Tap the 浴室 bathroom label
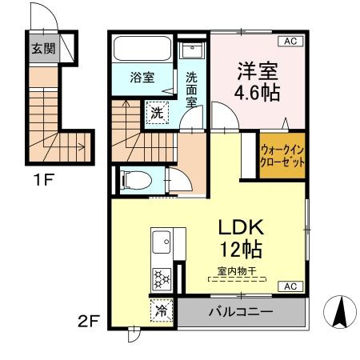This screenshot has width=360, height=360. point(143,78)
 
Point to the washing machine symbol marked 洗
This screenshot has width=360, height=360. point(157,113)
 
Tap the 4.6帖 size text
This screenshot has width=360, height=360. point(257,93)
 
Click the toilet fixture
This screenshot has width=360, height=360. point(133,180)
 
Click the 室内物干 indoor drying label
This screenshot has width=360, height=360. point(236,271)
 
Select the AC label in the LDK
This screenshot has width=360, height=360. point(290,286)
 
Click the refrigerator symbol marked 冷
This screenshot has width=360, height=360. point(161,311)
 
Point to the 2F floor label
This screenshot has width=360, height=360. point(90,324)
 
